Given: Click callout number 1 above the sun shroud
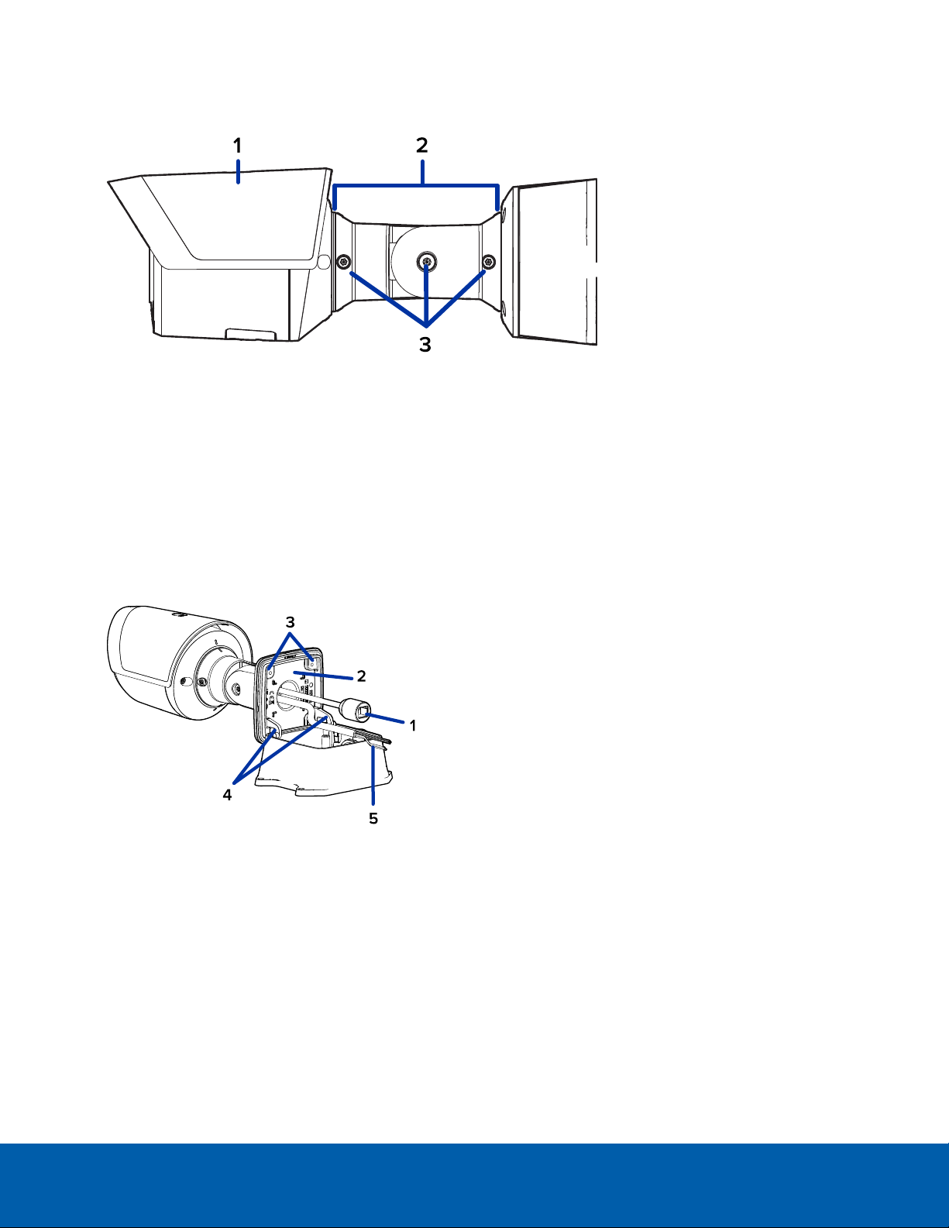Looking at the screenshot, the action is point(238,146).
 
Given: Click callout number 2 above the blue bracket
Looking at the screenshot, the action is point(422,146).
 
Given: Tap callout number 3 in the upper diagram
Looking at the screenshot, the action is point(425,345).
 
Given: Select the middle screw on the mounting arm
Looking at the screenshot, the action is point(427,261).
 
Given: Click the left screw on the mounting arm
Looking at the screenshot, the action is point(343,262).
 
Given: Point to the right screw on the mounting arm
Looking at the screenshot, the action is point(489,262).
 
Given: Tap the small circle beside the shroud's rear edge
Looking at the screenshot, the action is point(325,261).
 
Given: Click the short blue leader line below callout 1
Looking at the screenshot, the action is point(239,172).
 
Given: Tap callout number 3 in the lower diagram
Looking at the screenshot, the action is point(291,622).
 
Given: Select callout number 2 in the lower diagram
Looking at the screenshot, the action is point(361,676).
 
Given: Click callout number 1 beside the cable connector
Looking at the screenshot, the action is point(413,726).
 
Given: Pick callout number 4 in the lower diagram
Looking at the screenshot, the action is point(227,795).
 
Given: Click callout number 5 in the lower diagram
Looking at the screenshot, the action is point(373,818).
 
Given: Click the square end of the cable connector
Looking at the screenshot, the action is point(365,711).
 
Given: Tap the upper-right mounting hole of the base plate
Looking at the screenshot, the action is point(311,660).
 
